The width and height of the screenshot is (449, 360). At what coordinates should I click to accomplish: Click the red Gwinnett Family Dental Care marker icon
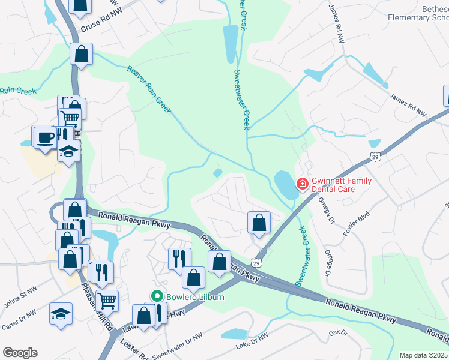pos(303,184)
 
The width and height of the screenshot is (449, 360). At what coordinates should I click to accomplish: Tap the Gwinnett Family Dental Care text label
pos(341,185)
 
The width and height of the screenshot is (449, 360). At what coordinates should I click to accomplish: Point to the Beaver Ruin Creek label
pos(149,89)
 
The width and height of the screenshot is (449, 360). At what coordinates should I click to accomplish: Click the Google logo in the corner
pos(20,353)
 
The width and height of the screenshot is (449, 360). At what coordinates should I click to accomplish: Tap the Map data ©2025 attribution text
pos(424,355)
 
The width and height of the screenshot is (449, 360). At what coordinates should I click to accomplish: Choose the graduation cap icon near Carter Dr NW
pos(61,314)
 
